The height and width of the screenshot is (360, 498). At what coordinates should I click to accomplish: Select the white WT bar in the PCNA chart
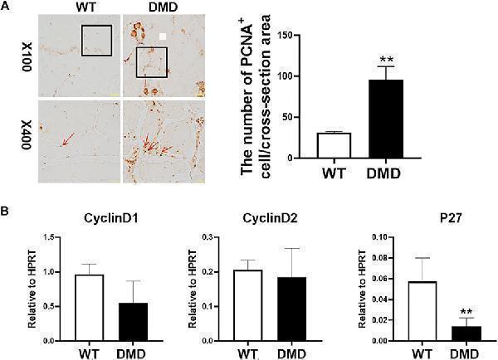point(334,145)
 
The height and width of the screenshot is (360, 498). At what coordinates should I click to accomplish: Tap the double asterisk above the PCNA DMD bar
point(386,60)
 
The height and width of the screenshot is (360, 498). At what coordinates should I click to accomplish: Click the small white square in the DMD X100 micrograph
point(164,36)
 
